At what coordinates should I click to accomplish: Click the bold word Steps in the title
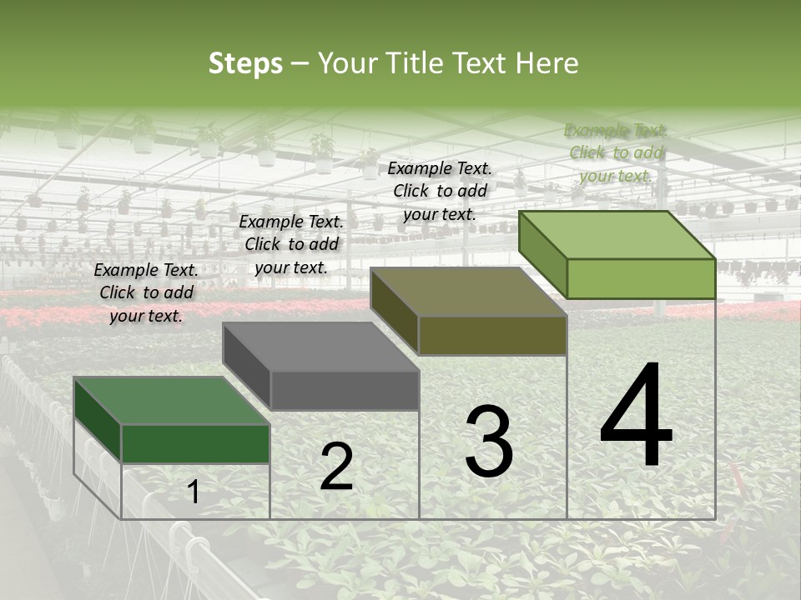click(x=245, y=63)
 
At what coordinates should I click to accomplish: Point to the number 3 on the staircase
click(x=489, y=442)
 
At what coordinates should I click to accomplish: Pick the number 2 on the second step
click(x=336, y=467)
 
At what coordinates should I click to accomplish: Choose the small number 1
click(x=194, y=492)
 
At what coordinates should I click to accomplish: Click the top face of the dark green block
click(x=171, y=401)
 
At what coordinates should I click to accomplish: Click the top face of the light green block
click(x=617, y=235)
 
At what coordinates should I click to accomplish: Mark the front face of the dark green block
click(x=195, y=443)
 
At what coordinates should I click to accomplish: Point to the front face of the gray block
click(x=344, y=390)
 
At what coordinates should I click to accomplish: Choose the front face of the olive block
click(x=492, y=335)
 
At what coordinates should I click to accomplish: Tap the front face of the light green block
click(x=641, y=278)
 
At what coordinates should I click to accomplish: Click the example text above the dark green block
click(x=146, y=292)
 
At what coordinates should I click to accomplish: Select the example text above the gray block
click(x=291, y=244)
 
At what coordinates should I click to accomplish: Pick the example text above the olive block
click(x=440, y=191)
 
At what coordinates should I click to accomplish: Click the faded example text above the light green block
click(x=616, y=152)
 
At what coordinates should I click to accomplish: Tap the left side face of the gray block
click(x=247, y=367)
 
